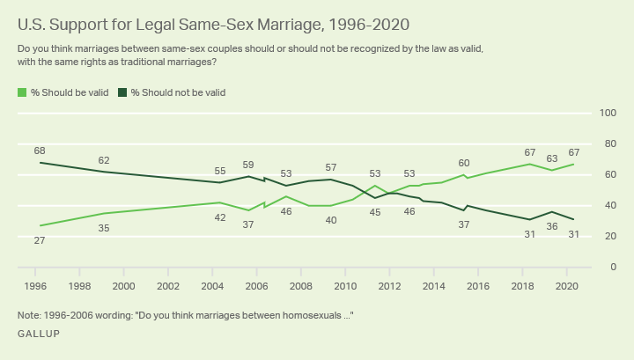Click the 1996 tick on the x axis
pos(35,286)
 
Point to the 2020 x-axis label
pos(566,286)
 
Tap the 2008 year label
pos(300,286)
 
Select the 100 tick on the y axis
pos(607,113)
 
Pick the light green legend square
pos(22,92)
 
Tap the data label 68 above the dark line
pos(40,151)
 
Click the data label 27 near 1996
pos(40,239)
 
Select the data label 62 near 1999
pos(104,160)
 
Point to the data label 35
pos(104,228)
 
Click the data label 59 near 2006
pos(248,165)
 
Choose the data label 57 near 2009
pos(331,167)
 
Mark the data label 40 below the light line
pos(331,220)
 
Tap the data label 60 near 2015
pos(464,163)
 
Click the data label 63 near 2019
pos(552,159)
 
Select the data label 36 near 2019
pos(552,226)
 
